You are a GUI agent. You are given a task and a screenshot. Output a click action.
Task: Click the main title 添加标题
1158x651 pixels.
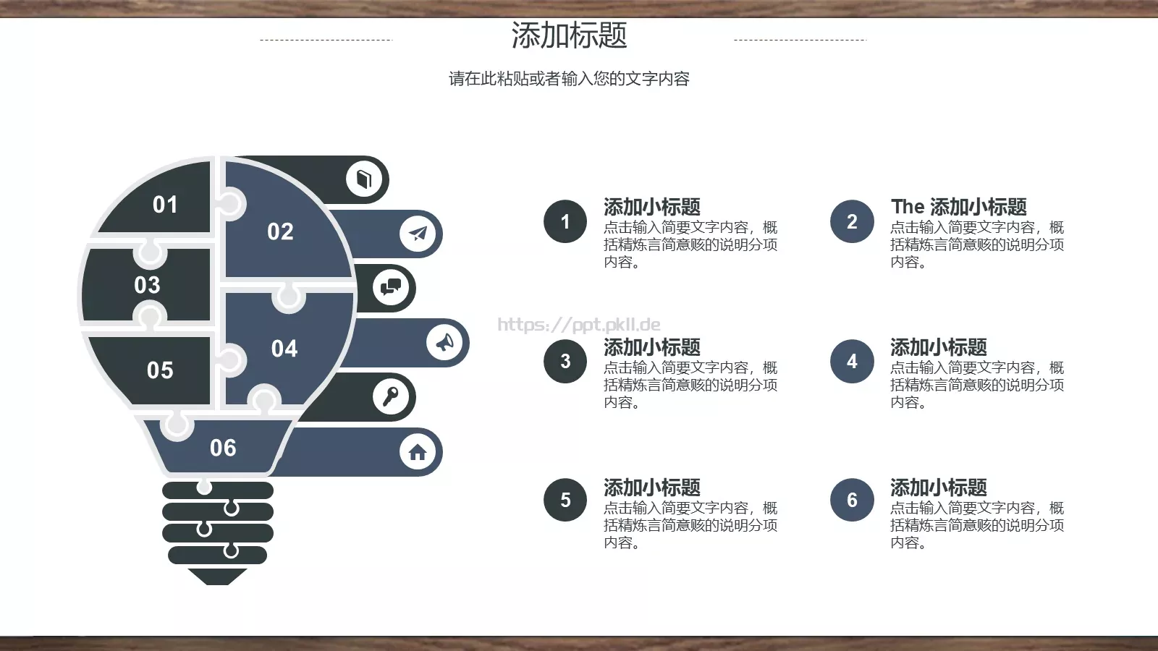pos(569,35)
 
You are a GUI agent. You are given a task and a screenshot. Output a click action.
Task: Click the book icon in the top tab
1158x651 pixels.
pos(364,179)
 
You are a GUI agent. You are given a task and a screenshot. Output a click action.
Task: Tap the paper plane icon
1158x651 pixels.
pos(418,233)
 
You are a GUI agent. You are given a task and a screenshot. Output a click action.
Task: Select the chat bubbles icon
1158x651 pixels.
pos(391,287)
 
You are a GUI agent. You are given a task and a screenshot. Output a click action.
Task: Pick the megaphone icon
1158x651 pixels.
pos(444,341)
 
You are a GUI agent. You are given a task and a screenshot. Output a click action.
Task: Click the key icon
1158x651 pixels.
pos(391,396)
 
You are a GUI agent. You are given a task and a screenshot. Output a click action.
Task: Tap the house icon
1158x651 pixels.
pos(418,452)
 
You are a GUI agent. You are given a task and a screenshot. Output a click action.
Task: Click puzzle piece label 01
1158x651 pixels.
pos(165,205)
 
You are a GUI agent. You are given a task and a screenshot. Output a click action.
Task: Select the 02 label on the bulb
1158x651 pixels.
pos(280,231)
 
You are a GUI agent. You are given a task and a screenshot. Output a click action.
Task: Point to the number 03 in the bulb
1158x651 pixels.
pos(147,285)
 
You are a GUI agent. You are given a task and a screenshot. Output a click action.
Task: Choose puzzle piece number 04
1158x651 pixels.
pos(284,349)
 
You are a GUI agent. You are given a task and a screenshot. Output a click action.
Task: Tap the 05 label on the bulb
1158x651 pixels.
pos(160,370)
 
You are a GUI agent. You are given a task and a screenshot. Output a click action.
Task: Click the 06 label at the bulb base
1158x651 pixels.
pos(223,448)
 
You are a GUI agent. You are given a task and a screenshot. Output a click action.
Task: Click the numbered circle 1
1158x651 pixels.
pos(565,221)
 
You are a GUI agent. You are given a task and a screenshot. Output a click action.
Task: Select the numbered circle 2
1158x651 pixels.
pos(852,221)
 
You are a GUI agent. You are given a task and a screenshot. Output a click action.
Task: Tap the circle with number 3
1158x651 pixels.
pos(565,361)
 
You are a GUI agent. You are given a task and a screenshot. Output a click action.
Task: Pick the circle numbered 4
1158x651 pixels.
pos(852,361)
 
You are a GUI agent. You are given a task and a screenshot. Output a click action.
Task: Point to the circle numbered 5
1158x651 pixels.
pos(565,500)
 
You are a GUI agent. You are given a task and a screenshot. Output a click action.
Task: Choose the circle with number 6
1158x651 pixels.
pos(852,500)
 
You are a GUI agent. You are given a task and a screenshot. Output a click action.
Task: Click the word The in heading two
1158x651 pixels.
pos(908,207)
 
